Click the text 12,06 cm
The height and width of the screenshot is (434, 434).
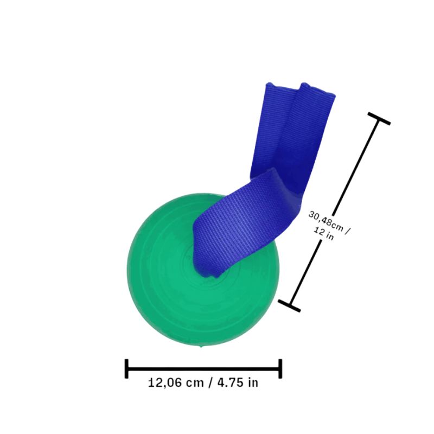[176, 382]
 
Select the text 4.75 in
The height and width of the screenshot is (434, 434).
[238, 382]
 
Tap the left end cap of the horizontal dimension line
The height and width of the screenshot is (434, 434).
[126, 368]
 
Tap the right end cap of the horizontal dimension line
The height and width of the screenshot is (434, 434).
[280, 368]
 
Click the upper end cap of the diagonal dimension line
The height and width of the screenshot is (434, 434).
[379, 119]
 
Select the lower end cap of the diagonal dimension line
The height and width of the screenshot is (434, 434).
[289, 305]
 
